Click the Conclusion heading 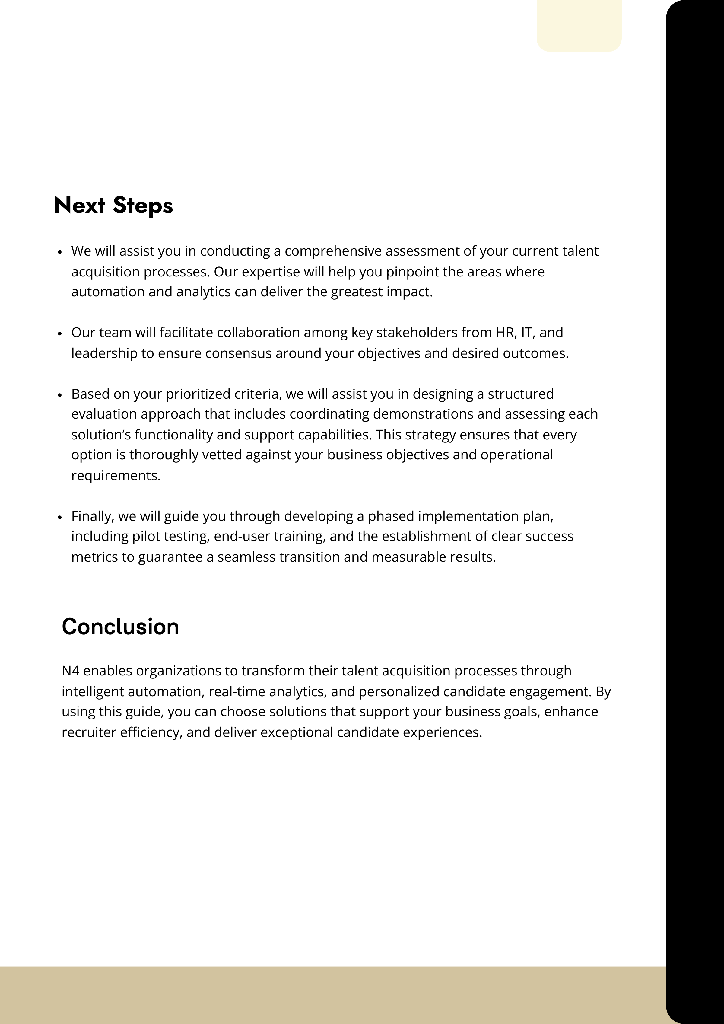[x=120, y=627]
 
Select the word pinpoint [x=412, y=272]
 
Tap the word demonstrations [x=423, y=414]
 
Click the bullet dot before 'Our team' [x=60, y=333]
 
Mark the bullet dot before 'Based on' [x=60, y=395]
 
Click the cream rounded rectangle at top [x=579, y=24]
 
